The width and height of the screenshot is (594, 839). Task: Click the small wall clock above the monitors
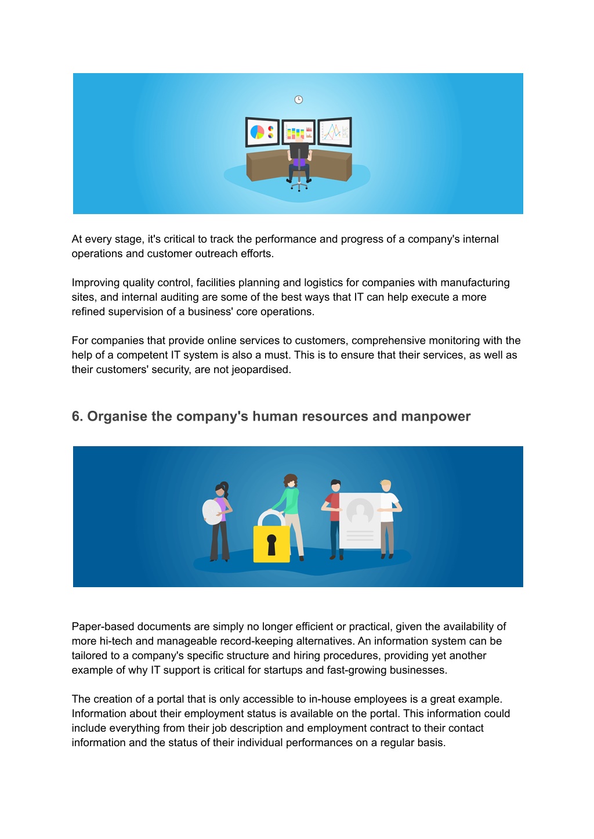tap(299, 100)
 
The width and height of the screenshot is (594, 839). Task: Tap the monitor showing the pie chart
tap(262, 132)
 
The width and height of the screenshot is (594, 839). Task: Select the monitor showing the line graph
tap(335, 132)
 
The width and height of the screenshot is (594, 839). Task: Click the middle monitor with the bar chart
tap(299, 132)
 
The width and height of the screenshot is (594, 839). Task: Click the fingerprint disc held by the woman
tap(212, 512)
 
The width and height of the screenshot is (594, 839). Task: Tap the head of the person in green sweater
tap(291, 481)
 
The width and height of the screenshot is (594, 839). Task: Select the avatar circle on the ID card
tap(360, 512)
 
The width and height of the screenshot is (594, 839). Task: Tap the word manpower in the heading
tap(436, 417)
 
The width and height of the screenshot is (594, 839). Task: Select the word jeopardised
tap(261, 370)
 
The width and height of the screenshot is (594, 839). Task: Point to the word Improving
tap(96, 283)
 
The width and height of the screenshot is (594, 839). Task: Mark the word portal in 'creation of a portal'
tap(170, 699)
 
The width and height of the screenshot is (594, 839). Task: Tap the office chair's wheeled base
tap(299, 186)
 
